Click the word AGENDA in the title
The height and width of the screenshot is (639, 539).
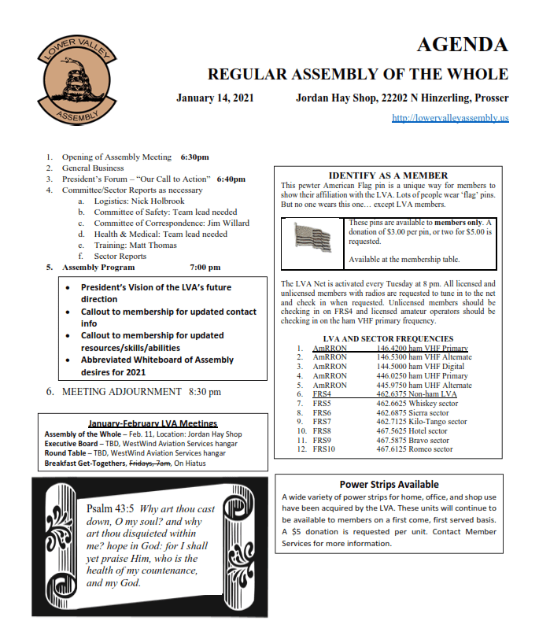461,44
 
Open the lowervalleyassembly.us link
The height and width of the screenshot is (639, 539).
450,118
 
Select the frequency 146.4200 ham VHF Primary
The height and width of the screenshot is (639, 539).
422,348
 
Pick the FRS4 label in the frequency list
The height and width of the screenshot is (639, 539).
323,394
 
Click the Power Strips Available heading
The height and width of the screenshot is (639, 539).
389,484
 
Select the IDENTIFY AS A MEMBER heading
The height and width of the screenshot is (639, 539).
388,175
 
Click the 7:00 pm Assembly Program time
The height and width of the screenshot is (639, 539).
205,268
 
